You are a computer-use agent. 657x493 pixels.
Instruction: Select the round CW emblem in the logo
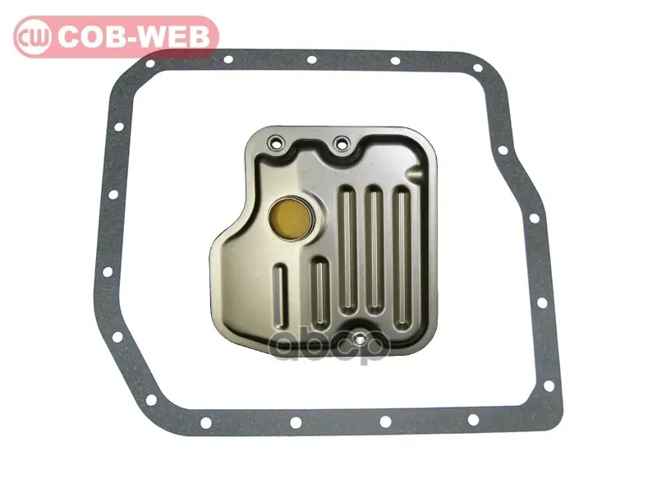33,37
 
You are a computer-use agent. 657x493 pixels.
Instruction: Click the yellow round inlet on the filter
292,218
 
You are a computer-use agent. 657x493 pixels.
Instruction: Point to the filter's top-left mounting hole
276,141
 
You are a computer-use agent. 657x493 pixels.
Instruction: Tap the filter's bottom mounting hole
359,339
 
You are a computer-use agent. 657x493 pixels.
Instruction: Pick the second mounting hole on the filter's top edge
342,143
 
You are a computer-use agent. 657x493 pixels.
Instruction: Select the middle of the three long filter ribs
374,251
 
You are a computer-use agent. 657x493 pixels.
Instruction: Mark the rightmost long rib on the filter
402,256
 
